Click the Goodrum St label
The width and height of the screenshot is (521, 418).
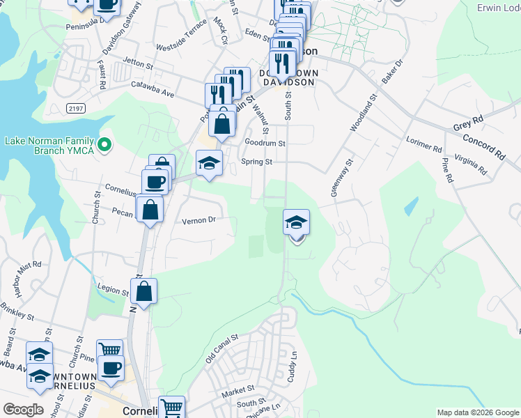[265, 143]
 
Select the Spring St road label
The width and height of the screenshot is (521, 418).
[256, 162]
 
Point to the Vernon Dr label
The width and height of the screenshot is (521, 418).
[200, 220]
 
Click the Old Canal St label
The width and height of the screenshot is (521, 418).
[222, 346]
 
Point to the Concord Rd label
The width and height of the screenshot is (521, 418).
[486, 146]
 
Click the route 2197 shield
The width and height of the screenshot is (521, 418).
[77, 108]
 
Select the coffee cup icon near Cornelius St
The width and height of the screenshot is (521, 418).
[154, 182]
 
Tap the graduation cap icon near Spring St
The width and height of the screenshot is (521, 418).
[209, 162]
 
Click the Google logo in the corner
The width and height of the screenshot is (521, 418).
[23, 410]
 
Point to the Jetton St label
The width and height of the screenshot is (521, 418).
[137, 63]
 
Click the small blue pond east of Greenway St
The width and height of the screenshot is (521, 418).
[410, 206]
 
